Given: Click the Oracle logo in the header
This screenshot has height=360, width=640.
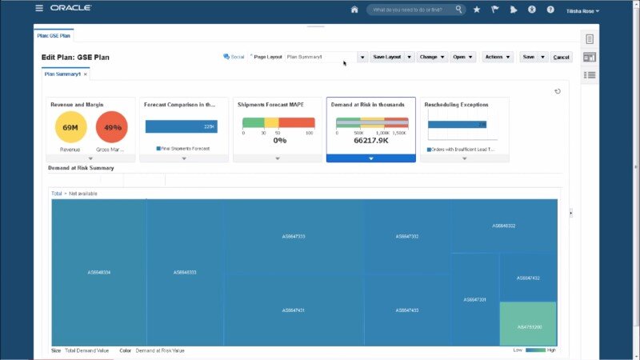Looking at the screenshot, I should tap(70, 8).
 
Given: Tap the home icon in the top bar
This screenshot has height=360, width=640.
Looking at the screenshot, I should tap(354, 10).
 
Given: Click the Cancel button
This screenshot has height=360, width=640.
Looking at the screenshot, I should tap(562, 57).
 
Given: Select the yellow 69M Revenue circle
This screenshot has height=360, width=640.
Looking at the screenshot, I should tap(70, 127).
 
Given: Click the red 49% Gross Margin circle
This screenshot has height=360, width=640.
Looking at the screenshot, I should tap(112, 127).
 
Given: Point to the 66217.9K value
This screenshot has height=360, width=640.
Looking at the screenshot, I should tap(371, 140).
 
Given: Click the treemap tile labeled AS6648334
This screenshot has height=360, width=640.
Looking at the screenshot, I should tap(99, 272).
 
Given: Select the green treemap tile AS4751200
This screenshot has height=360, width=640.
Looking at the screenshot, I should tap(528, 327).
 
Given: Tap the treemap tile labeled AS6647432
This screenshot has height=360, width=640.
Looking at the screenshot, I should tap(528, 278).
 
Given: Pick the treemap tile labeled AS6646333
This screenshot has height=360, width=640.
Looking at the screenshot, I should tap(185, 272).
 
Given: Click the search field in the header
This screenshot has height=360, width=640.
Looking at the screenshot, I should tap(412, 10).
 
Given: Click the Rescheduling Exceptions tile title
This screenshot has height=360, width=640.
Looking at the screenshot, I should tap(456, 104).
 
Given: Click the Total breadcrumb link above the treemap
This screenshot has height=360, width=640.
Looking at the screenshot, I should tap(56, 194).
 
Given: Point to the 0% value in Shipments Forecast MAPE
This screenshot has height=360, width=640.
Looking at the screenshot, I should tap(280, 140).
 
